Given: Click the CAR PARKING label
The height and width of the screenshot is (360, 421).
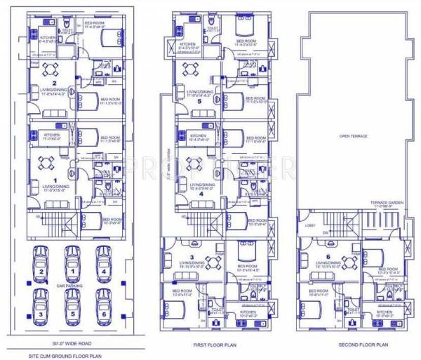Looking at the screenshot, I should pyautogui.click(x=72, y=286).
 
